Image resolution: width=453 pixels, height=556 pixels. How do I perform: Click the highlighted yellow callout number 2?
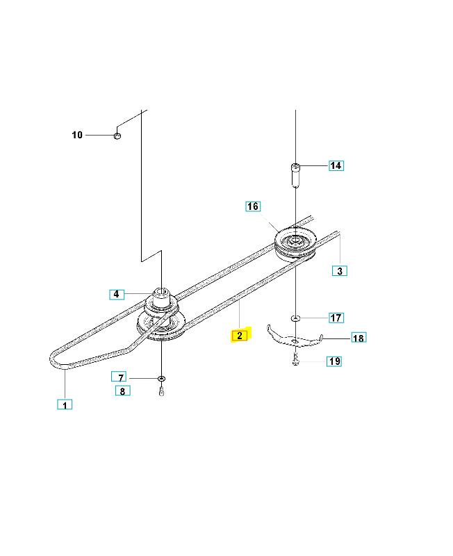[x=240, y=336]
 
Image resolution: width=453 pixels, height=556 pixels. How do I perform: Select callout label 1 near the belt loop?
[x=65, y=404]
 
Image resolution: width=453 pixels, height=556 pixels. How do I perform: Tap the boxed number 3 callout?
[x=340, y=271]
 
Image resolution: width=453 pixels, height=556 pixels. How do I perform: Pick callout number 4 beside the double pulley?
[x=117, y=294]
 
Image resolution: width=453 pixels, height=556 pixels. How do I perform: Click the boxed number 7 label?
[x=119, y=377]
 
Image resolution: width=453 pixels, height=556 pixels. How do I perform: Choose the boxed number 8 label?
[x=123, y=391]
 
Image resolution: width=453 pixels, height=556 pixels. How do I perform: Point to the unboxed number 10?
[x=77, y=135]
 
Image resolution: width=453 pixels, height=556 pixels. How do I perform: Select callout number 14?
[x=336, y=165]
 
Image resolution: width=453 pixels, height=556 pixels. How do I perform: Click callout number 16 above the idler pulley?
[x=253, y=206]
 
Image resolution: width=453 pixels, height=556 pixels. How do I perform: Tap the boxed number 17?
[x=336, y=318]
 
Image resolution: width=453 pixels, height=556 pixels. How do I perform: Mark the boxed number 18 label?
[x=359, y=338]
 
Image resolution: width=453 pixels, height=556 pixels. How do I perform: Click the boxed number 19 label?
[x=334, y=361]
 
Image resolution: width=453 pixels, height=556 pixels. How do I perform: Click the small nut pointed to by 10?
[x=117, y=136]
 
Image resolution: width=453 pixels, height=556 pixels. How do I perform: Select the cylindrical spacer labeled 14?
[x=295, y=176]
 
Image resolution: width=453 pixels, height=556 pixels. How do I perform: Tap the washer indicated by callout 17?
[x=295, y=318]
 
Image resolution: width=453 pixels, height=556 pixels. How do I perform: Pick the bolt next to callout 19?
[x=295, y=360]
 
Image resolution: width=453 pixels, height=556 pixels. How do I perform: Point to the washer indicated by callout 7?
[x=161, y=379]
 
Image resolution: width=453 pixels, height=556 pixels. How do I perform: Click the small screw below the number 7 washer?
[x=162, y=391]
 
